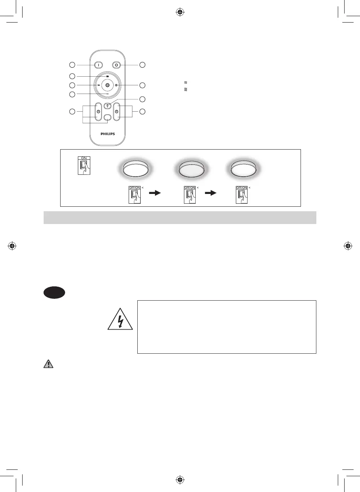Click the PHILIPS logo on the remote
click(108, 134)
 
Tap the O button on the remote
click(117, 65)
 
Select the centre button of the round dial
click(107, 85)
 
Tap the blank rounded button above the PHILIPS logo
click(108, 118)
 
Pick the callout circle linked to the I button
click(72, 65)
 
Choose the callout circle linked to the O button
click(142, 65)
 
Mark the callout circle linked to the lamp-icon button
click(142, 99)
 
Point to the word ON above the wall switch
click(84, 158)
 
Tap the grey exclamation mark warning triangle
click(49, 364)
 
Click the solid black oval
click(54, 292)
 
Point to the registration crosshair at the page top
click(180, 12)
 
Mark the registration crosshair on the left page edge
click(12, 246)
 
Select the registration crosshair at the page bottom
click(180, 480)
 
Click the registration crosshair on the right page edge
click(348, 246)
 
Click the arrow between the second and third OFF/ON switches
click(211, 193)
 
